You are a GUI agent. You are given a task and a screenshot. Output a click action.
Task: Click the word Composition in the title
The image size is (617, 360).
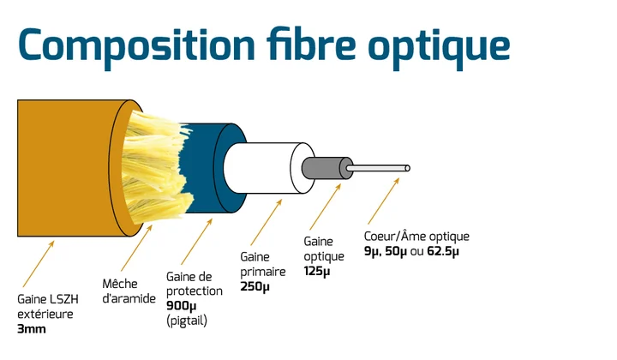pos(136,46)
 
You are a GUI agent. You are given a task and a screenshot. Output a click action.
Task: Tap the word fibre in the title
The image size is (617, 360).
pos(311,43)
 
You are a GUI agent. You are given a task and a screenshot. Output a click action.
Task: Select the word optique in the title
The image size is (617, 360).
pos(439,47)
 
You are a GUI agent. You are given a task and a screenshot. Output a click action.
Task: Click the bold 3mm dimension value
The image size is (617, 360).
pos(32,329)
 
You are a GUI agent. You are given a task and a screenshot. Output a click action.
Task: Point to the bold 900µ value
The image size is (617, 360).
pos(181,306)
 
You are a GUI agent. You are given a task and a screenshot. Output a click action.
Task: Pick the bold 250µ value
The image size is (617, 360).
pos(255,286)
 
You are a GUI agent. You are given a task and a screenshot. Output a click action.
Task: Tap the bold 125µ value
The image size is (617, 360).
pos(317,271)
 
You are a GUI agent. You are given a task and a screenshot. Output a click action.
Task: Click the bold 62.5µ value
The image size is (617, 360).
pos(443,251)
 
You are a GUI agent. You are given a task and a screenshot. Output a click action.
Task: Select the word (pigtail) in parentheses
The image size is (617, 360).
pos(187,321)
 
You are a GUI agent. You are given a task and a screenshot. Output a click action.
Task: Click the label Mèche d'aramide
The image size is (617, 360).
pos(129,291)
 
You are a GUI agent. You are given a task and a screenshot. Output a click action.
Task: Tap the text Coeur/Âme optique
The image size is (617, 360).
pos(416,236)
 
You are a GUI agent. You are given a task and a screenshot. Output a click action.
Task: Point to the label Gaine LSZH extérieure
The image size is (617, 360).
pos(48,307)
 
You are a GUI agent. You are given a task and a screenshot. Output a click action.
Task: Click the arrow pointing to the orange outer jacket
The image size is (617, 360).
pos(39,264)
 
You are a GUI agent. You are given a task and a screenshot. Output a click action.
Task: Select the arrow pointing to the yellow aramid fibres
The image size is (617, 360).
pos(136,248)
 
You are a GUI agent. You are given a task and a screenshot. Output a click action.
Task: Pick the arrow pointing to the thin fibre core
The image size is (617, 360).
pos(384,201)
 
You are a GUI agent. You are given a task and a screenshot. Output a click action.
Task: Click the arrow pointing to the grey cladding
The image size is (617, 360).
pos(325,207)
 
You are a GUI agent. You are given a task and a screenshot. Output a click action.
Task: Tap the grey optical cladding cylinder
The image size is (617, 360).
pos(326,168)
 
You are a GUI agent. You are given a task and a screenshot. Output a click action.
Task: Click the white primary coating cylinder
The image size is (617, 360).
pos(264,168)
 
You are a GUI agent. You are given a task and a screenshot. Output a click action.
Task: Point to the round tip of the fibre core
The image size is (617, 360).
pos(407,168)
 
